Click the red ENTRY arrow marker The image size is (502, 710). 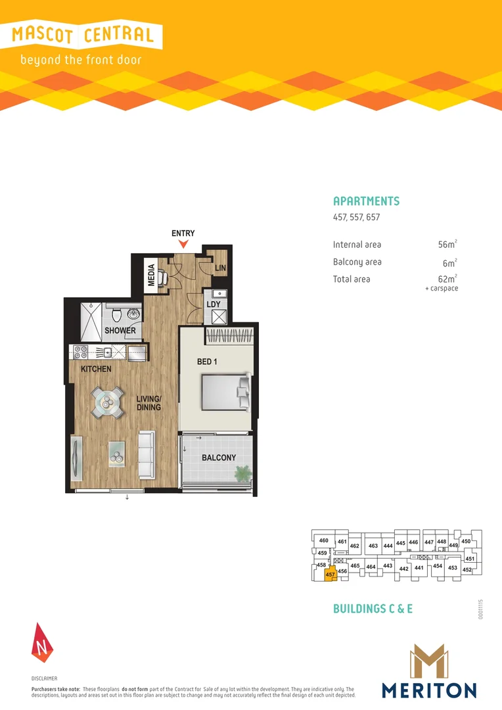[183, 245]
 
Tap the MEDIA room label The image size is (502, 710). [152, 275]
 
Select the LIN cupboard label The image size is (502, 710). [220, 269]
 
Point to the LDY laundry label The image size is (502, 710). [214, 304]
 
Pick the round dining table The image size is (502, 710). [106, 402]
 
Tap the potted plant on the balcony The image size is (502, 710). [242, 471]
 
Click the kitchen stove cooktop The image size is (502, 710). [81, 352]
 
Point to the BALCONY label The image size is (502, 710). [218, 458]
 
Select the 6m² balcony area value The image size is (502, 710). [449, 262]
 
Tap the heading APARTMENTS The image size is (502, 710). [366, 201]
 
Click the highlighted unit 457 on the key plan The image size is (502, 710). [331, 574]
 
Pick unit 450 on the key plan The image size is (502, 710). [466, 541]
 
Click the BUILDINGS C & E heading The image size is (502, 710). [373, 609]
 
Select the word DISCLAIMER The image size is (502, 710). [45, 678]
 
